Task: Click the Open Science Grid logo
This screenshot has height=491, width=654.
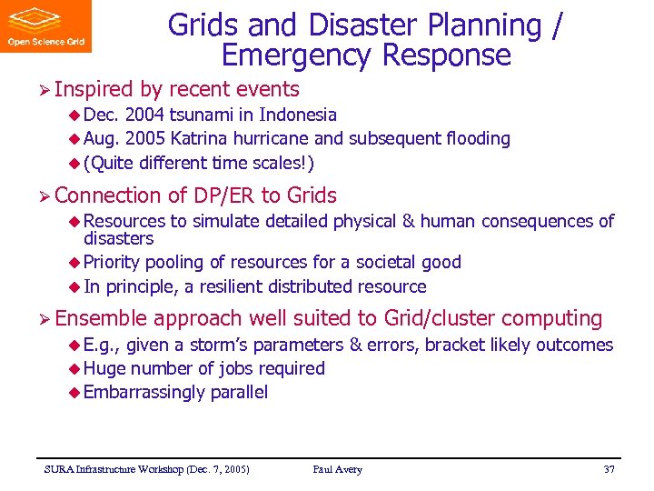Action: (45, 26)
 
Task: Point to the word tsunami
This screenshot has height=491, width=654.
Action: (218, 115)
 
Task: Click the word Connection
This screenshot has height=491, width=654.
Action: (106, 195)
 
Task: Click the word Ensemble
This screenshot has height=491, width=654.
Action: (101, 318)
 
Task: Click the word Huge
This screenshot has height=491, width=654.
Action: (104, 369)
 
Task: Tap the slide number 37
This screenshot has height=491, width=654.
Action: (609, 469)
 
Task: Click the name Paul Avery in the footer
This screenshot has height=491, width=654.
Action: (337, 469)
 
